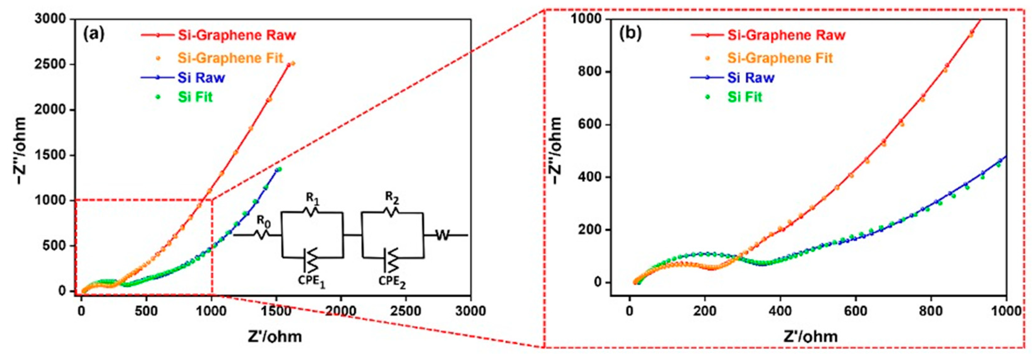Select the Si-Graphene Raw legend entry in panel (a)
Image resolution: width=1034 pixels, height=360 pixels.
[236, 35]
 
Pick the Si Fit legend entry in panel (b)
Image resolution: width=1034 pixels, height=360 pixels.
[744, 97]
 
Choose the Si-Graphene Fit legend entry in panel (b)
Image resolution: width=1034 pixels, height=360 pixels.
[780, 58]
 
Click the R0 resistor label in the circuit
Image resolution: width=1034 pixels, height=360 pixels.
[263, 220]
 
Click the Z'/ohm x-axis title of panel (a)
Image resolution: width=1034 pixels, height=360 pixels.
[275, 336]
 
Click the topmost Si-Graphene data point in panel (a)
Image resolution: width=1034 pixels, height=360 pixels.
[293, 63]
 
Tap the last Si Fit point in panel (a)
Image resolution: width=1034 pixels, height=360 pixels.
[279, 169]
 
